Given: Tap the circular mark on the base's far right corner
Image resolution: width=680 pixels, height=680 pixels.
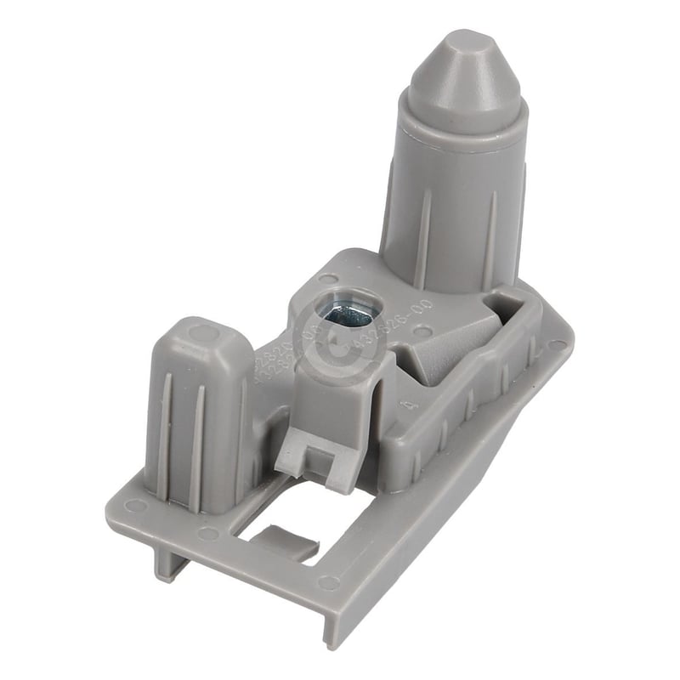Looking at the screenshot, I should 557,344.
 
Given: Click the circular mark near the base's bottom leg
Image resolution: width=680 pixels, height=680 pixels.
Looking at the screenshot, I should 326,582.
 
